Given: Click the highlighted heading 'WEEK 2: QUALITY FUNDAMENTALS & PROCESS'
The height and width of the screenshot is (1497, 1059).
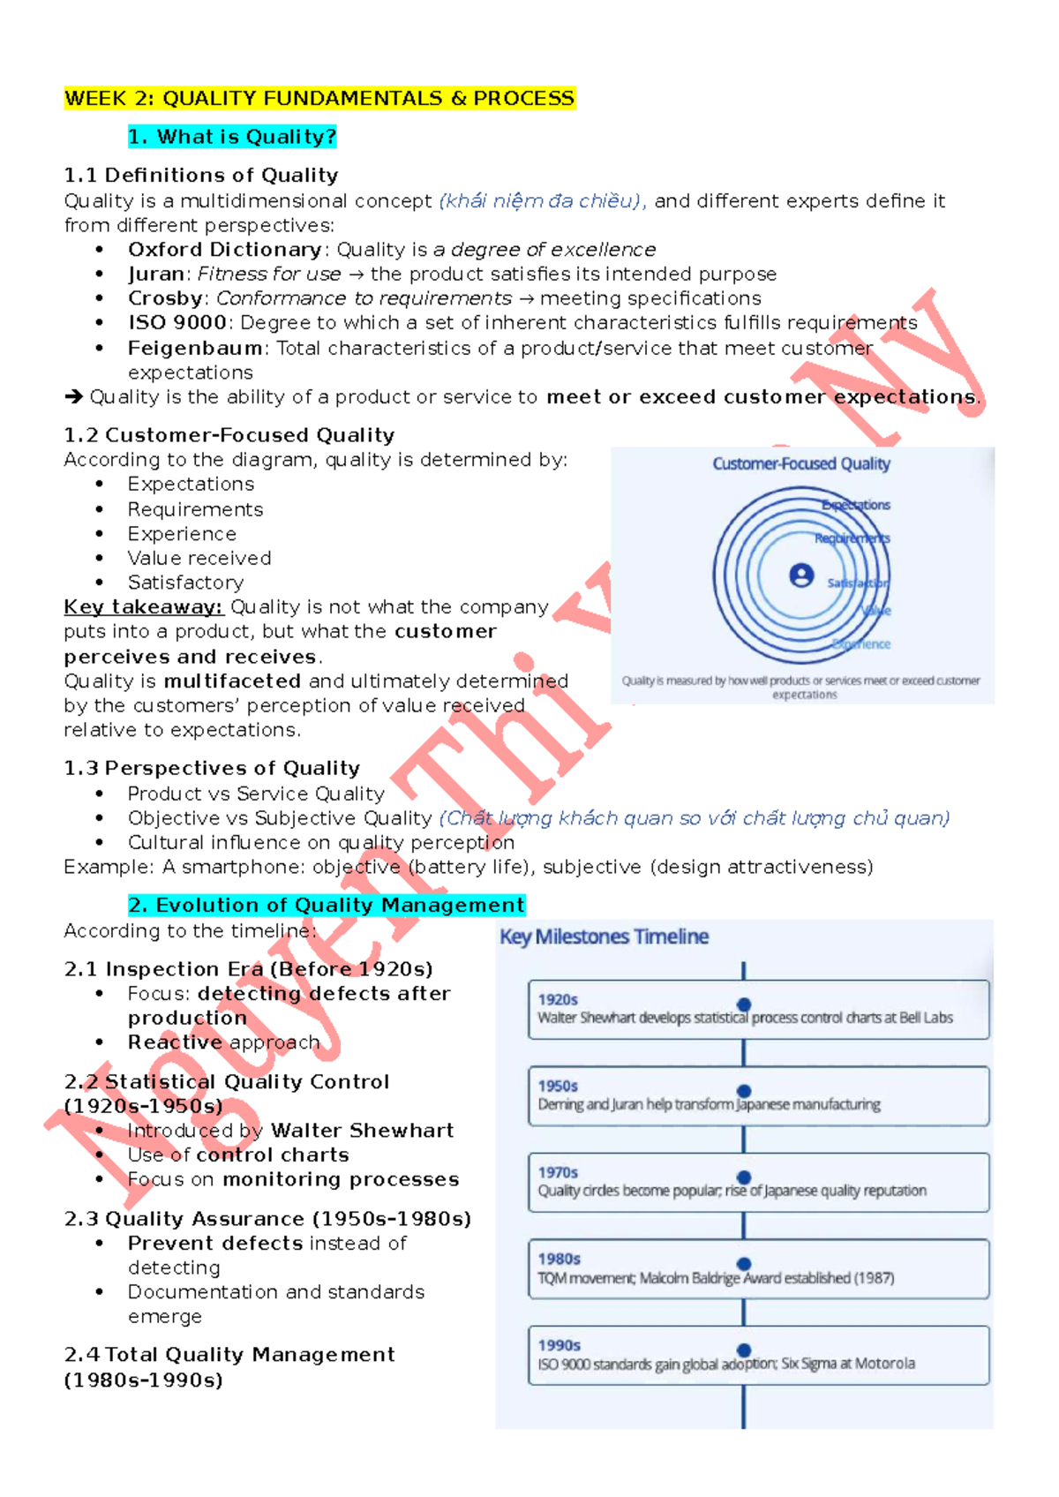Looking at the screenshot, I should pos(319,98).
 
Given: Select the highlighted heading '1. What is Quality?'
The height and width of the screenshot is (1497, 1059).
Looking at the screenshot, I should pos(232,137).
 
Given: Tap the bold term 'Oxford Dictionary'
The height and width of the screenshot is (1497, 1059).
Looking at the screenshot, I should pos(224,250).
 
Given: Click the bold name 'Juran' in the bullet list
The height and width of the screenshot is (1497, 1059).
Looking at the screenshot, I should pos(156,275).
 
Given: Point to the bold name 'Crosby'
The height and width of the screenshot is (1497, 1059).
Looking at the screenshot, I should pos(165,298).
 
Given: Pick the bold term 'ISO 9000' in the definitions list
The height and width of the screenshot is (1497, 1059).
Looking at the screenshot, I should pos(178,323).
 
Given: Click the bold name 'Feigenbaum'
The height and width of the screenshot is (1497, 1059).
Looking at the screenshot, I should pos(195,348).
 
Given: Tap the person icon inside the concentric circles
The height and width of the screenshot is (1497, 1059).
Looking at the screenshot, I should pos(801,575).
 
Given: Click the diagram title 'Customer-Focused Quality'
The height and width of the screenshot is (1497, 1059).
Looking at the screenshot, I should pos(801,463).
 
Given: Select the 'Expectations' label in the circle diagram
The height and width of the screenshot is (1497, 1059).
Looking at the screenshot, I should pos(856,505).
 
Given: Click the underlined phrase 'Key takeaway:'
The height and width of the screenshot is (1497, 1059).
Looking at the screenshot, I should pos(143,607).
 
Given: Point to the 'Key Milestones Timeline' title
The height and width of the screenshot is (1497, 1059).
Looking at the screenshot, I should pos(605,937).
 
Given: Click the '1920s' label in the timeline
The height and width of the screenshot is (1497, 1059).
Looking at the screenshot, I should pos(558,999).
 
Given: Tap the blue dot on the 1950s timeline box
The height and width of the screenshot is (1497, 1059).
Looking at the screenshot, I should pos(744,1091).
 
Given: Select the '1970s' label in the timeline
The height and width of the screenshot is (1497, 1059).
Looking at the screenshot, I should pos(558,1172).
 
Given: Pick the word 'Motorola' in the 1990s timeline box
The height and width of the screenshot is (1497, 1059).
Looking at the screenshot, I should pos(884,1364).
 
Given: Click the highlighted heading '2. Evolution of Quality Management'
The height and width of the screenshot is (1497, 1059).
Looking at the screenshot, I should pos(327,906).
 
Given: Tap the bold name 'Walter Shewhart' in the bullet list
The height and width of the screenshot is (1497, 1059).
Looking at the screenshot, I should pos(362,1131).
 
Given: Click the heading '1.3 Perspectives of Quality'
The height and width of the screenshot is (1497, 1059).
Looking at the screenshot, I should pos(212,768).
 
